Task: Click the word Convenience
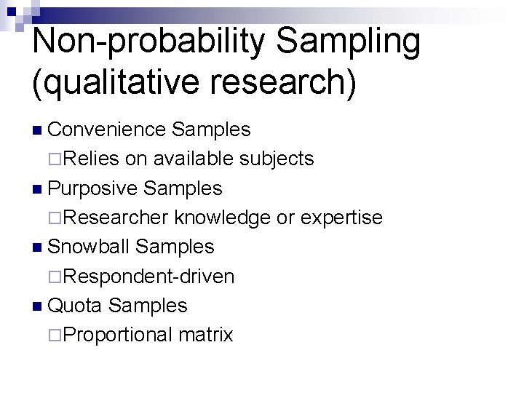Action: point(107,130)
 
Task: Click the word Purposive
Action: point(92,188)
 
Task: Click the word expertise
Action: point(341,217)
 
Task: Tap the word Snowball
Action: point(88,247)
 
